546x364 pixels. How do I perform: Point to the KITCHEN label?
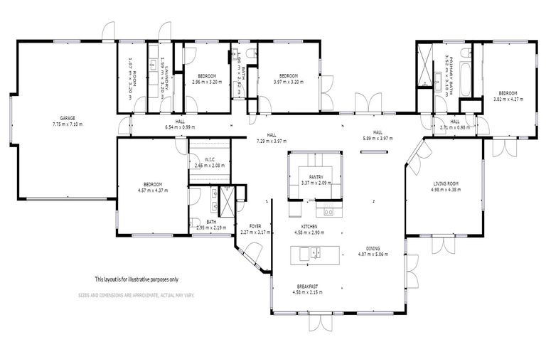[x=309, y=227]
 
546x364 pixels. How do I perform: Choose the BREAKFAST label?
[x=308, y=286]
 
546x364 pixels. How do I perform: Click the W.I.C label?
[x=210, y=159]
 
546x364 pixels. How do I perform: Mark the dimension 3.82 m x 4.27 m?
[x=508, y=100]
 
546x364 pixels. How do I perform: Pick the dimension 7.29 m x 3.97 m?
[x=271, y=141]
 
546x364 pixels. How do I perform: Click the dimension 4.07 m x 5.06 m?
[x=373, y=254]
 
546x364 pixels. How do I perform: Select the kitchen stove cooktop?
[x=328, y=211]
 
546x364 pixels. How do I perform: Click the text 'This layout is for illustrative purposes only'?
[x=136, y=279]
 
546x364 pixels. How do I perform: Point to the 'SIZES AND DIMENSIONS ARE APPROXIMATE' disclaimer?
[x=136, y=294]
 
